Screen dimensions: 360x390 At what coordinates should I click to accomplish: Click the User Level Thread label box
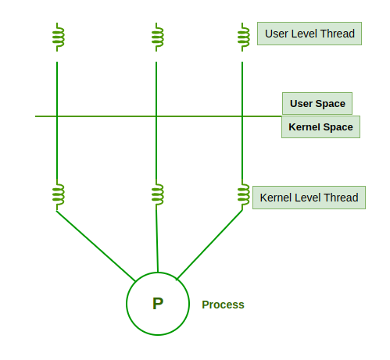coord(309,34)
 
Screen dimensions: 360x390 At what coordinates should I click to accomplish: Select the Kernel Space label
coord(320,127)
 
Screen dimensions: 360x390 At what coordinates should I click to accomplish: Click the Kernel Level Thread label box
coord(309,198)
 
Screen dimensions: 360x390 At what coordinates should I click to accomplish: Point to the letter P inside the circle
coord(158,304)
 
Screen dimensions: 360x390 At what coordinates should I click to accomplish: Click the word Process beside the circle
coord(223,305)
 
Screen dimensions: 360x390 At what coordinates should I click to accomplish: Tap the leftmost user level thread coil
coord(58,36)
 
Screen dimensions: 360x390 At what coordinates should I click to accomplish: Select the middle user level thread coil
coord(157,36)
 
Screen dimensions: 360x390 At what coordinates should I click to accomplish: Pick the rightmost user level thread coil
coord(243,36)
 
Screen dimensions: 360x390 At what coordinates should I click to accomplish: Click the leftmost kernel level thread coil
coord(58,195)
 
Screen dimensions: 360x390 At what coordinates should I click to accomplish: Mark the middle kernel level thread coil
coord(157,195)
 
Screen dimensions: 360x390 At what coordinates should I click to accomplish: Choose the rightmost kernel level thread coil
coord(243,195)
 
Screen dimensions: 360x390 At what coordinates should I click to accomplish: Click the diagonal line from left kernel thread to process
coord(95,245)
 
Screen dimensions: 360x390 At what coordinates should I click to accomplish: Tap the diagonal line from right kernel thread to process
coord(209,244)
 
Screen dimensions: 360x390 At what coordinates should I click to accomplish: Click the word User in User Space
coord(302,103)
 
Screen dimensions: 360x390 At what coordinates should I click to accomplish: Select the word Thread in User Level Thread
coord(338,34)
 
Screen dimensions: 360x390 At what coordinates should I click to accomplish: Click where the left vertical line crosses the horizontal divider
coord(57,116)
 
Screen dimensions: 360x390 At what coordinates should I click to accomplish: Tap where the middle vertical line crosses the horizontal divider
coord(156,116)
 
